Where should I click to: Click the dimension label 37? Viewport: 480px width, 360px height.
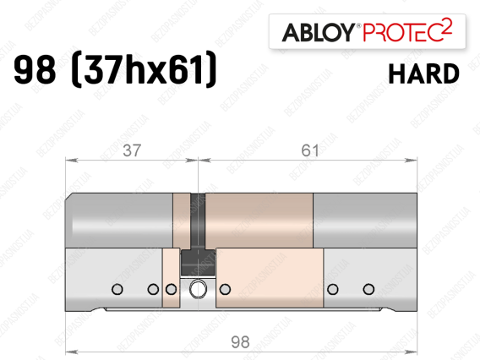tap(132, 150)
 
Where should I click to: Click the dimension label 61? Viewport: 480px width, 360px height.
tap(310, 150)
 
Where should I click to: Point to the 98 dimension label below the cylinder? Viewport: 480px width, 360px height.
tap(240, 342)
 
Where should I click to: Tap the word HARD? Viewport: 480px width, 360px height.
tap(424, 74)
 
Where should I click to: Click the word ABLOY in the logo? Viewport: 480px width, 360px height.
tap(319, 32)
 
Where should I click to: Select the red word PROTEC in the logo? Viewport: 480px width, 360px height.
tap(401, 32)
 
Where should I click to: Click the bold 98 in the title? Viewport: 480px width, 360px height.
tap(35, 69)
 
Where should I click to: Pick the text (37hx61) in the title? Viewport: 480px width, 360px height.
tap(144, 69)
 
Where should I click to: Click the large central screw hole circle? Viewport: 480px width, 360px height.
tap(198, 289)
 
